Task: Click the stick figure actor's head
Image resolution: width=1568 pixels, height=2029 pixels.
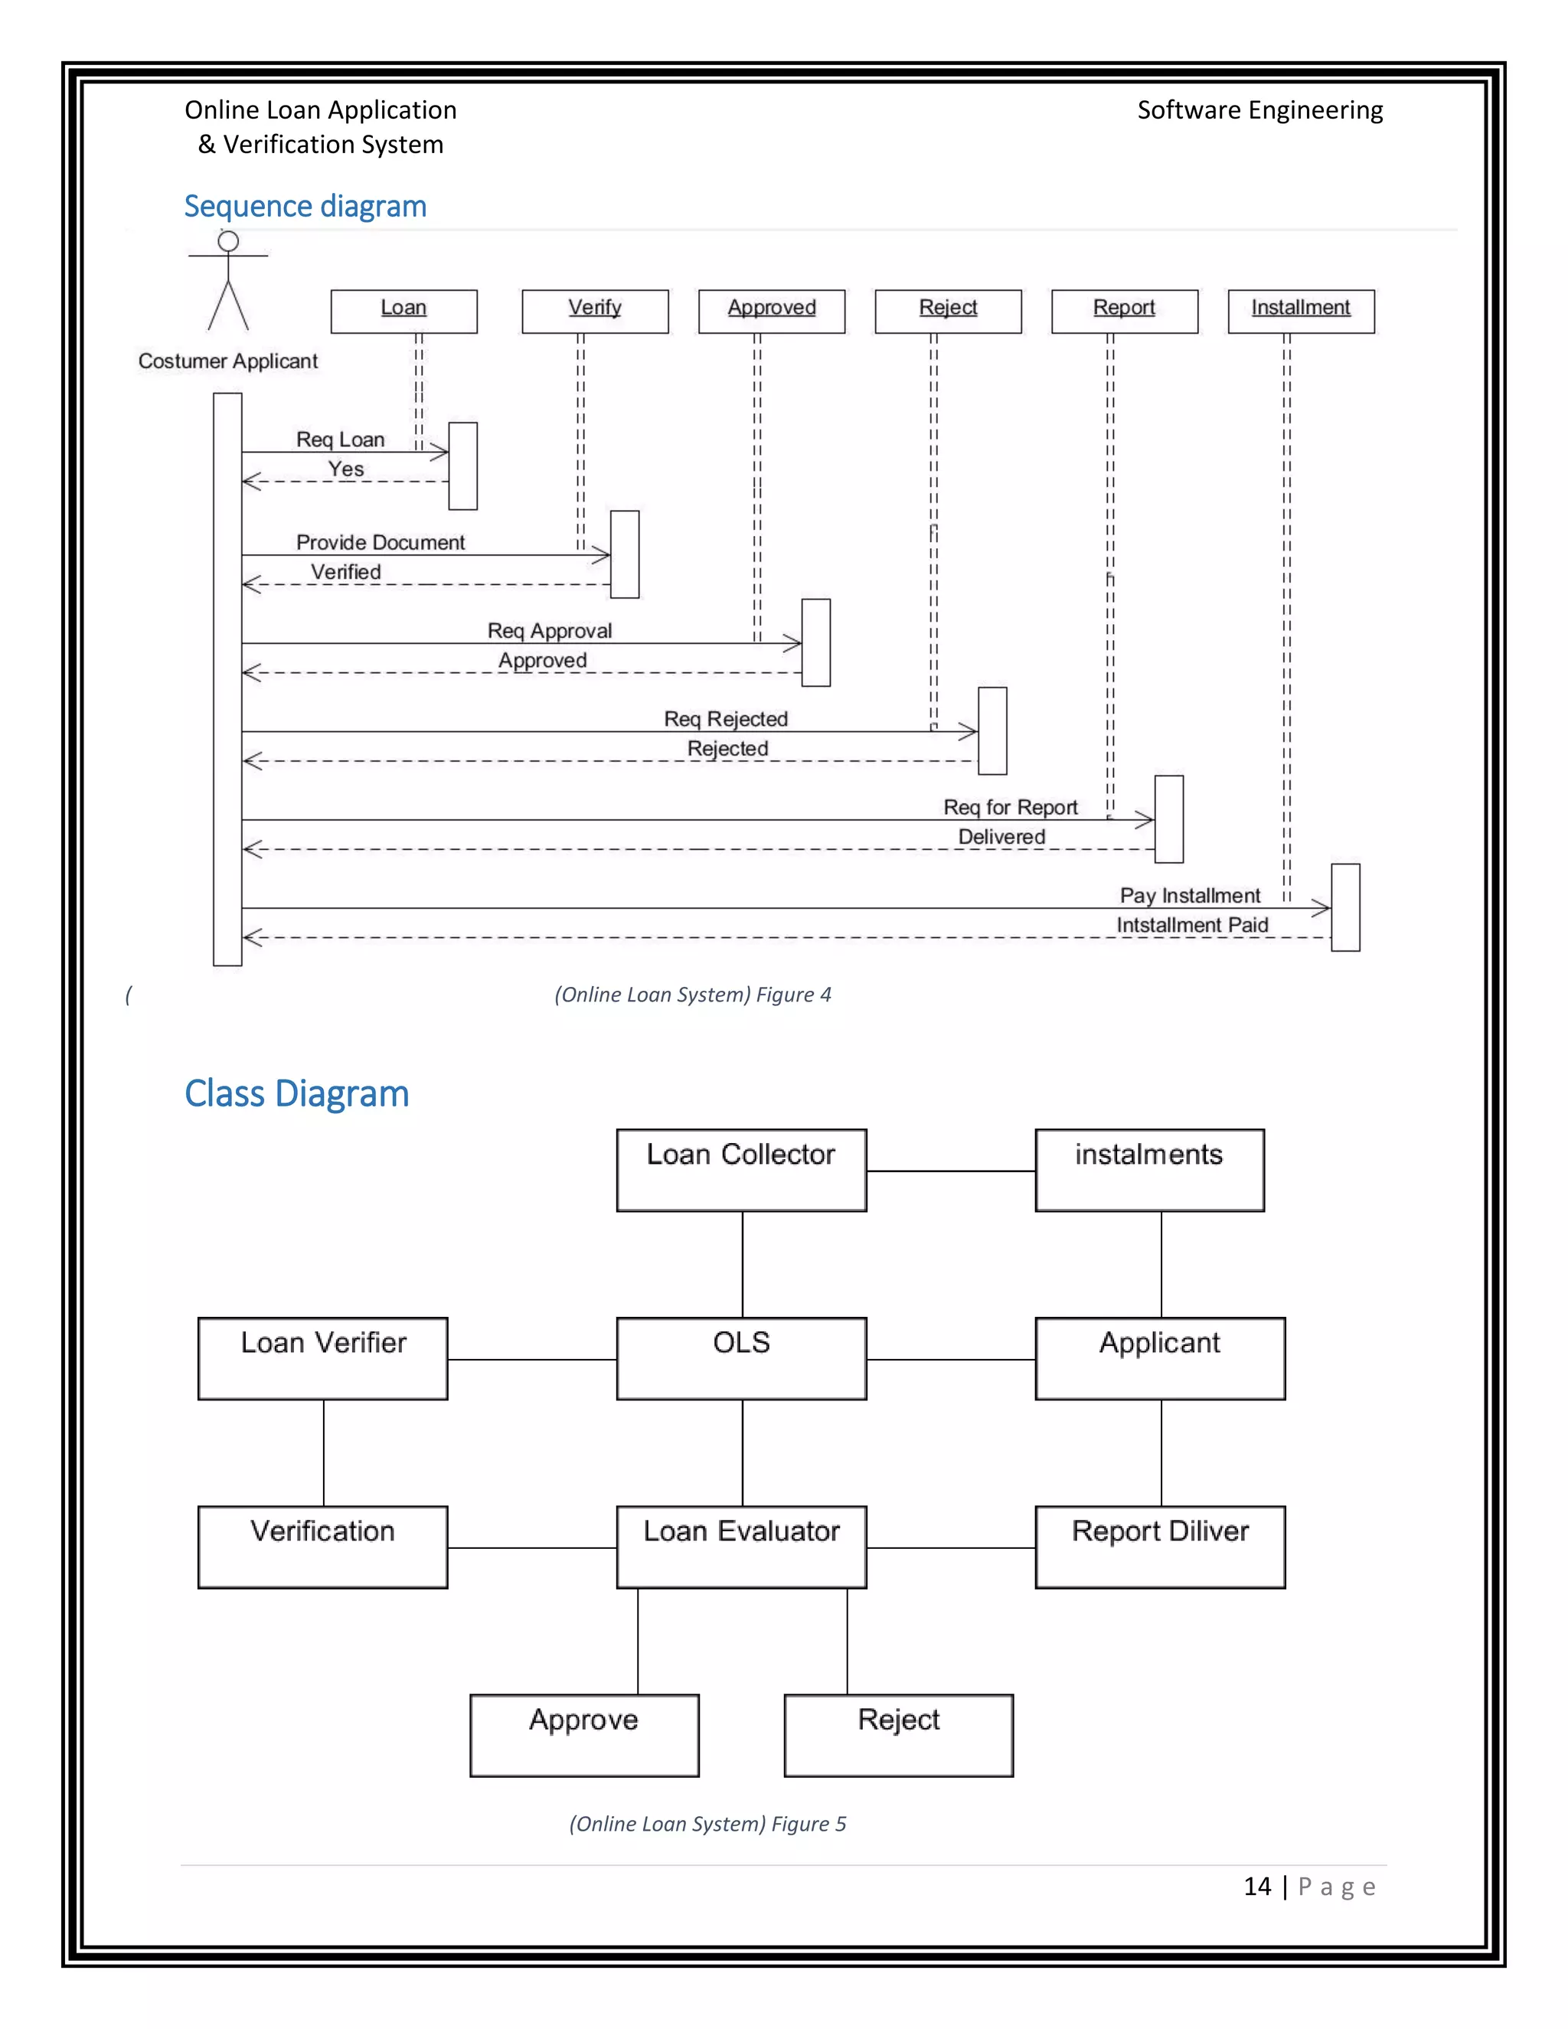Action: point(227,241)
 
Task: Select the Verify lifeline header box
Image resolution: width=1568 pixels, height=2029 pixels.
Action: point(594,311)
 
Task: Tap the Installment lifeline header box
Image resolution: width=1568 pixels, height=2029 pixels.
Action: point(1301,311)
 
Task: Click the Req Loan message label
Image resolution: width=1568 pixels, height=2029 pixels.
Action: point(340,439)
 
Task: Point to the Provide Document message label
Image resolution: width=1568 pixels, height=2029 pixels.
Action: point(380,543)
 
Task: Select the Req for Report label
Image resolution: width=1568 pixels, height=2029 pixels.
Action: point(1010,807)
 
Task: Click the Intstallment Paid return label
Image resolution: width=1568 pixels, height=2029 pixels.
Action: point(1192,926)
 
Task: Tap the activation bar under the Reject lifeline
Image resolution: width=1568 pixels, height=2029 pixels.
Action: point(992,731)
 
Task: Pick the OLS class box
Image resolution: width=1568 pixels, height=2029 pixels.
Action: point(741,1358)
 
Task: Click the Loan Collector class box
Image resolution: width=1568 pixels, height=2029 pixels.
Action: point(741,1170)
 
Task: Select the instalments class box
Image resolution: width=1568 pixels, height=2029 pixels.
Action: point(1149,1170)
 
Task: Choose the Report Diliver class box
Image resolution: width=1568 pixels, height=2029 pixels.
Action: point(1160,1547)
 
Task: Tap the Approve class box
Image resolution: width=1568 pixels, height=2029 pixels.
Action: point(584,1736)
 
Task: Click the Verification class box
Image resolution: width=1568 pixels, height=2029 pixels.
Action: point(322,1547)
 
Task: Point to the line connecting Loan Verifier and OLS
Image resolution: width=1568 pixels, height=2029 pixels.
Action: point(531,1360)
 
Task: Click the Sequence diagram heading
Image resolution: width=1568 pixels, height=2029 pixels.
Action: point(305,206)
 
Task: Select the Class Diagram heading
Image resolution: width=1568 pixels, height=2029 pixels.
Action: point(296,1093)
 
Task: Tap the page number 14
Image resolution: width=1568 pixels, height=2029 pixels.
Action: point(1257,1887)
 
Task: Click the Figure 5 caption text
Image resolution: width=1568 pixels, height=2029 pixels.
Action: point(707,1824)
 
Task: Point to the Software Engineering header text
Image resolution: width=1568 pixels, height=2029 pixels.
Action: point(1259,110)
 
